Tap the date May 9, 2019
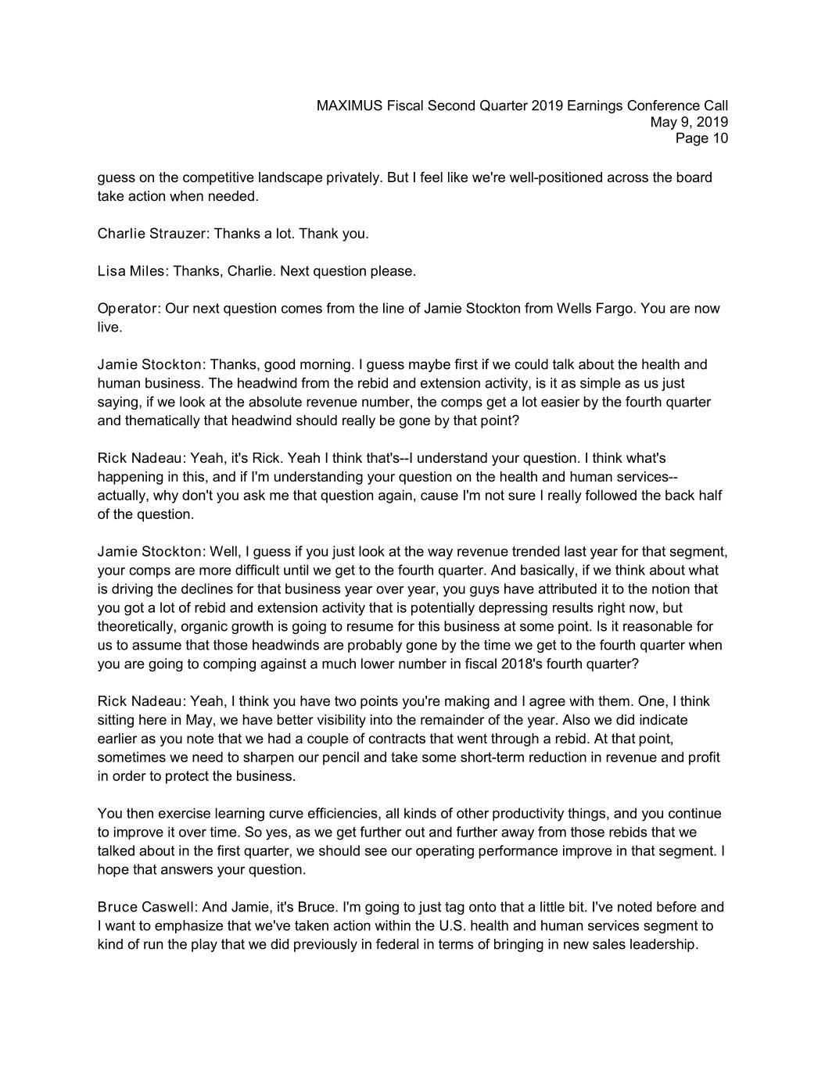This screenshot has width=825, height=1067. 689,122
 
